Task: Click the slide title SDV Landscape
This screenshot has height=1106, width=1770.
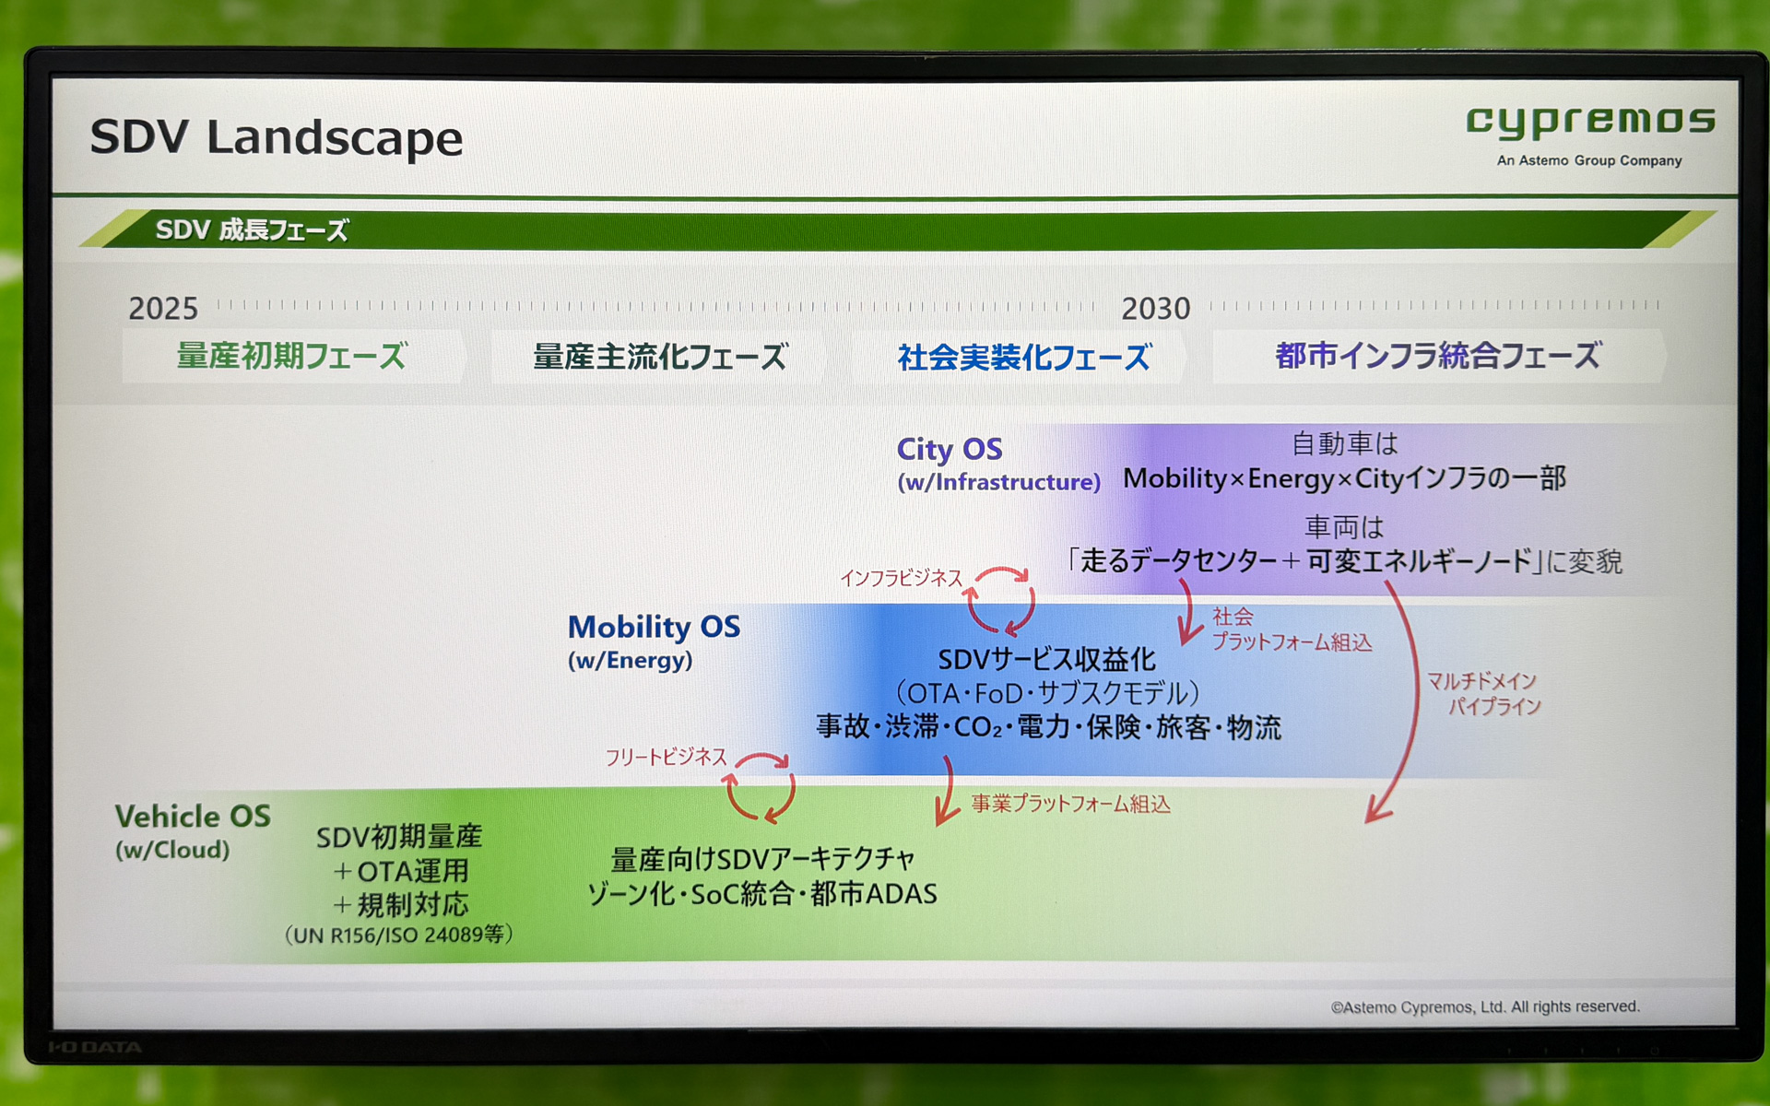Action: point(276,138)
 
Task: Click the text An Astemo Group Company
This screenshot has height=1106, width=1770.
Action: point(1588,160)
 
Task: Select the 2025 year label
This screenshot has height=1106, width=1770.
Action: point(163,308)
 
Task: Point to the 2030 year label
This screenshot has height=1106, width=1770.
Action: point(1155,308)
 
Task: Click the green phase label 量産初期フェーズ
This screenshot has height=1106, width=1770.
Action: point(291,356)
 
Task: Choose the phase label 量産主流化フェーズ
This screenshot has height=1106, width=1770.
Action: point(660,357)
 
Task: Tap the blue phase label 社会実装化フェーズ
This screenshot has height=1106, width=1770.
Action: point(1023,357)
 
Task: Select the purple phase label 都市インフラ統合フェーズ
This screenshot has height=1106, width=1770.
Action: point(1437,356)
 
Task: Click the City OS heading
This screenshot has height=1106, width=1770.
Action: point(949,450)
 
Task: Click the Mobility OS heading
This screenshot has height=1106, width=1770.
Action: point(653,627)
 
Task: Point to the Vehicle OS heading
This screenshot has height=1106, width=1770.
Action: point(193,817)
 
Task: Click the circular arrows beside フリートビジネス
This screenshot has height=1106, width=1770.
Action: point(760,787)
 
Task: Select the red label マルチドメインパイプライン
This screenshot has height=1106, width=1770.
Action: point(1482,693)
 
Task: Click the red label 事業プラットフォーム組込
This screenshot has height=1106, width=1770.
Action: point(1070,805)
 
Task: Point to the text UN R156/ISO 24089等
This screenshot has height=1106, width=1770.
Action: point(398,935)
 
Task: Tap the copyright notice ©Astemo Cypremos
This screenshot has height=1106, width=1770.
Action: point(1484,1006)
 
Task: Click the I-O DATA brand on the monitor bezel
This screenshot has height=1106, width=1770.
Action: point(95,1047)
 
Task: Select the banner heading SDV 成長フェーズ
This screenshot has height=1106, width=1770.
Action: point(252,229)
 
